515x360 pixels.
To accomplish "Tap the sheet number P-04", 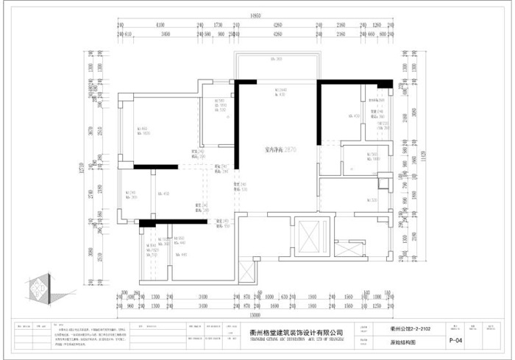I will pos(435,341).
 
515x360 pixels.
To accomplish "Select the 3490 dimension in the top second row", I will pos(165,34).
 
